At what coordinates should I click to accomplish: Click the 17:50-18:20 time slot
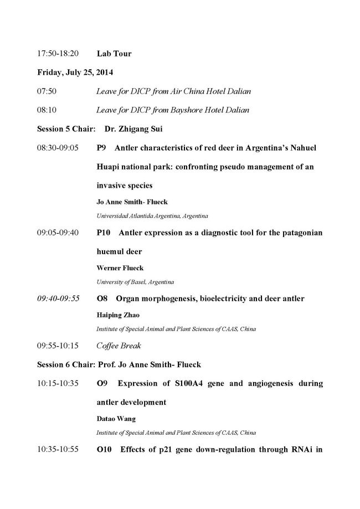pos(58,54)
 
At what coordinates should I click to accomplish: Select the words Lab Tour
pos(114,54)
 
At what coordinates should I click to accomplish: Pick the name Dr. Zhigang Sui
pos(139,129)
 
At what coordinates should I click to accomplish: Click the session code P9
pos(101,148)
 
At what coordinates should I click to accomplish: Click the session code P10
pos(104,232)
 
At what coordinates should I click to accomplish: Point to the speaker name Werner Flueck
pos(120,268)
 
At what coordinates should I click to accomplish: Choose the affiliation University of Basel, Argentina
pos(135,281)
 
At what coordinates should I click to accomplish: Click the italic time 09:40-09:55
pos(58,299)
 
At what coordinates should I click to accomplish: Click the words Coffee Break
pos(119,346)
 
